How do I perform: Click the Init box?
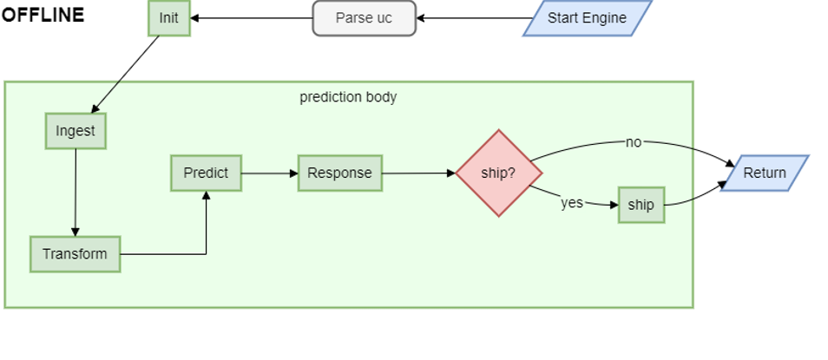(168, 18)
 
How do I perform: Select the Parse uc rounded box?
(364, 18)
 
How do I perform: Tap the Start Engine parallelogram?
(587, 18)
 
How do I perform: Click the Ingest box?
(76, 131)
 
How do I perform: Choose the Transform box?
(76, 254)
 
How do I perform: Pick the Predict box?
(206, 173)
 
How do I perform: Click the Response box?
(339, 173)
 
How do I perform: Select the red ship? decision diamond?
(498, 173)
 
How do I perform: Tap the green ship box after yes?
(641, 205)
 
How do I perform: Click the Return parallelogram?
(764, 173)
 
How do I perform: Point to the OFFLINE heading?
(43, 16)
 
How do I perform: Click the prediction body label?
(348, 97)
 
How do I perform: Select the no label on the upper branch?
(634, 142)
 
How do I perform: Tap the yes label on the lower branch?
(571, 203)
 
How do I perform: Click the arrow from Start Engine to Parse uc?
(473, 18)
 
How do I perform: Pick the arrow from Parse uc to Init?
(252, 18)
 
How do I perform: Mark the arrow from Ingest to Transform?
(76, 192)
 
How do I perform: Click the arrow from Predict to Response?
(269, 173)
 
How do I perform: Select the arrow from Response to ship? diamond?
(418, 173)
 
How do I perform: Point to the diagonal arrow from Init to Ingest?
(126, 74)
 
